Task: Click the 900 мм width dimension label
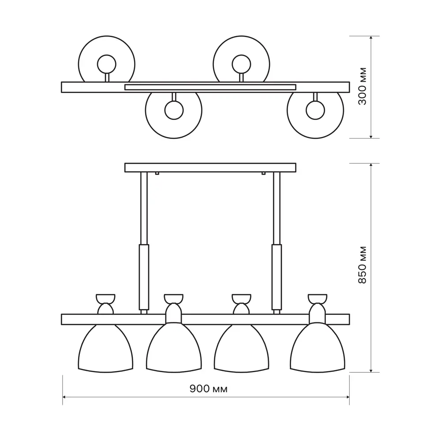[209, 389]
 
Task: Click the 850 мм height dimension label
[363, 265]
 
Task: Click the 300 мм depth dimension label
[363, 86]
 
